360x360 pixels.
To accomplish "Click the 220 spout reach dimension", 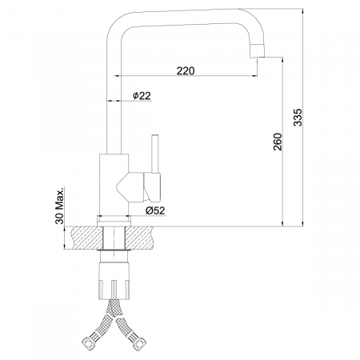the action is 186,71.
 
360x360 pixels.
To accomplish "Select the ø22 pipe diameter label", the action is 142,95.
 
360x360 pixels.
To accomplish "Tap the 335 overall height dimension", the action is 298,117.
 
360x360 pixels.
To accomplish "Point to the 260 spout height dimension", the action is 278,142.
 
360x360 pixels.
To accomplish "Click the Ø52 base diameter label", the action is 155,210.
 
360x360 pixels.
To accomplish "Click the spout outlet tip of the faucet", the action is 258,56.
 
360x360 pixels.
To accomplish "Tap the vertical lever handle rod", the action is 155,154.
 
